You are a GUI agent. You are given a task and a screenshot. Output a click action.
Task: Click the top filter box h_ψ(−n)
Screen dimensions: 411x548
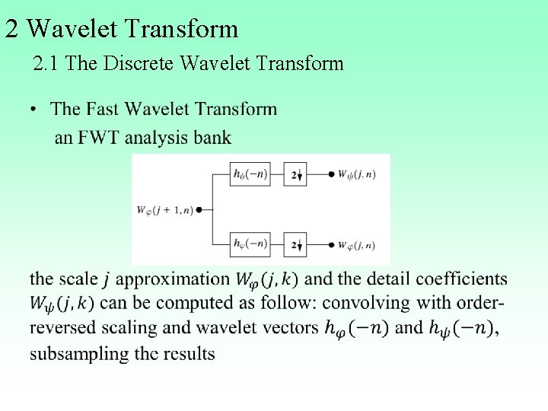tap(250, 174)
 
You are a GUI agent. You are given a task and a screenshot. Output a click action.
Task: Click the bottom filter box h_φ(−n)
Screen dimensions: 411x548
tap(250, 244)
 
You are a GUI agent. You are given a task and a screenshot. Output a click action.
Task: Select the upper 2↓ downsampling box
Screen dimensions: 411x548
tap(295, 174)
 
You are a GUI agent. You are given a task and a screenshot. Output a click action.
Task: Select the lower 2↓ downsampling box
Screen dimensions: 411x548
tap(295, 244)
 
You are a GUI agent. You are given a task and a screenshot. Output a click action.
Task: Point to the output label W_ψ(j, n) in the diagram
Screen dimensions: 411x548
tap(356, 174)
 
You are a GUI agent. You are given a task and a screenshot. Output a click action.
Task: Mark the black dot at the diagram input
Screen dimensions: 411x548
tap(199, 209)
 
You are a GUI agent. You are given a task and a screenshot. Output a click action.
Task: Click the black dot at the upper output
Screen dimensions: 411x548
tap(331, 174)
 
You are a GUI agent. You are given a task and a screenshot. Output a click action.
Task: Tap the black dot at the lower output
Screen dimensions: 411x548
tap(331, 244)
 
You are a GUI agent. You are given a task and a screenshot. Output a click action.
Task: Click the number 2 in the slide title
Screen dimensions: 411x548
tap(11, 29)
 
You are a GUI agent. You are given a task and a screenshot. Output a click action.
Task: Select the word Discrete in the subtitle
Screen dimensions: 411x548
tap(139, 63)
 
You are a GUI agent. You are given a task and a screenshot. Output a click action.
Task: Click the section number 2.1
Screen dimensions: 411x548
tap(47, 63)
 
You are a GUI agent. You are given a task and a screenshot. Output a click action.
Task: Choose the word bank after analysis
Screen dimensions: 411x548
tap(212, 138)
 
